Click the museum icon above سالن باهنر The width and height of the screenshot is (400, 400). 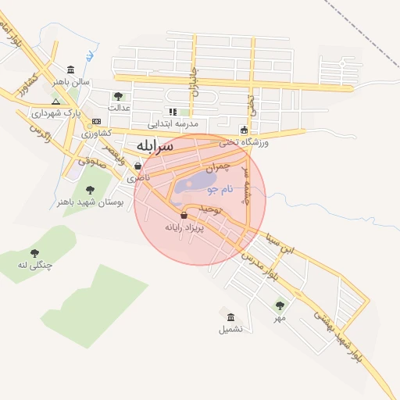click(71, 70)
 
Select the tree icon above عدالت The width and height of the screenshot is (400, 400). click(118, 96)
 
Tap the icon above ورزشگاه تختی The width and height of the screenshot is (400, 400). click(244, 130)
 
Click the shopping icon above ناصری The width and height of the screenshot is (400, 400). click(138, 166)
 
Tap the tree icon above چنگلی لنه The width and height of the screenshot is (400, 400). click(34, 253)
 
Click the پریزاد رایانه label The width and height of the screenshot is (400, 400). click(184, 227)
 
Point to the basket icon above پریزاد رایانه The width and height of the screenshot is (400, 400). click(184, 215)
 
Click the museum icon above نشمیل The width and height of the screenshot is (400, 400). click(230, 317)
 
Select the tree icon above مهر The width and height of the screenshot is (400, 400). click(280, 305)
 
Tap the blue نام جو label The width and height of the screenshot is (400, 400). click(220, 190)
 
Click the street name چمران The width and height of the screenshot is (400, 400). click(218, 167)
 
